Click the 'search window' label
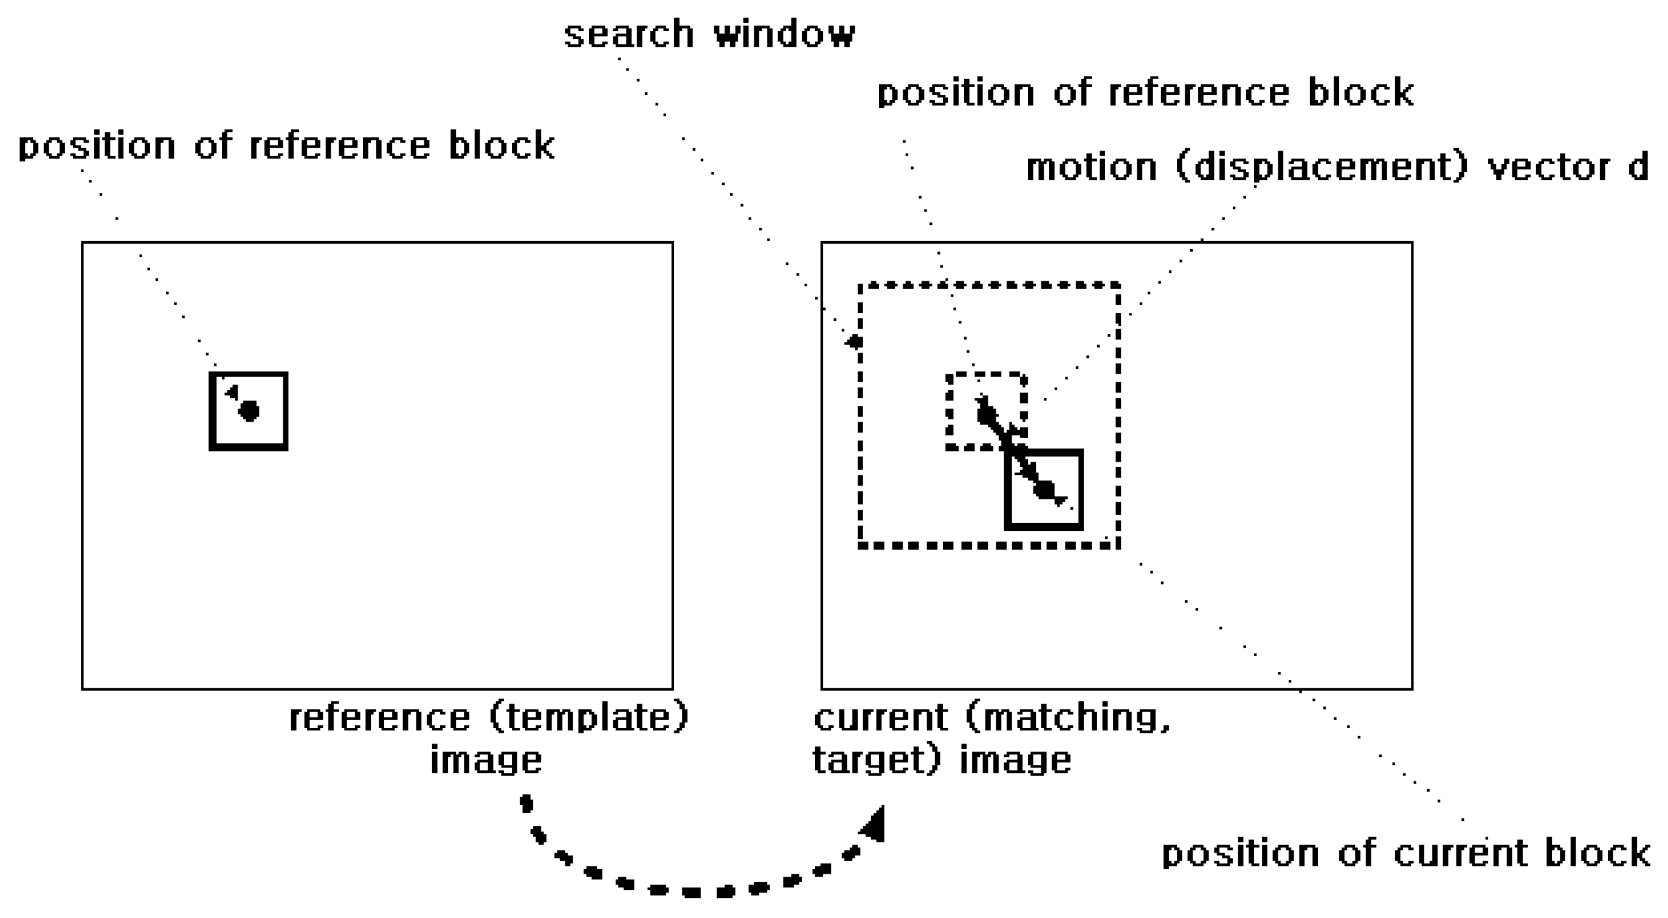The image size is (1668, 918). point(709,33)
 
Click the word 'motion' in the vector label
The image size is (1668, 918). point(1092,168)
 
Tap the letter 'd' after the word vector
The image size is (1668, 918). point(1638,168)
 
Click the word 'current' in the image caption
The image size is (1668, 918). point(881,718)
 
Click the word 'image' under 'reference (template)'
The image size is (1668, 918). point(486,760)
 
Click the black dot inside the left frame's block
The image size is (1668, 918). point(249,411)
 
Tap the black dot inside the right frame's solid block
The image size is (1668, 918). point(1044,490)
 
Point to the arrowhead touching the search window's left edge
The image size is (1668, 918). point(854,342)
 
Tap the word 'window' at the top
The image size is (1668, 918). point(785,33)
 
